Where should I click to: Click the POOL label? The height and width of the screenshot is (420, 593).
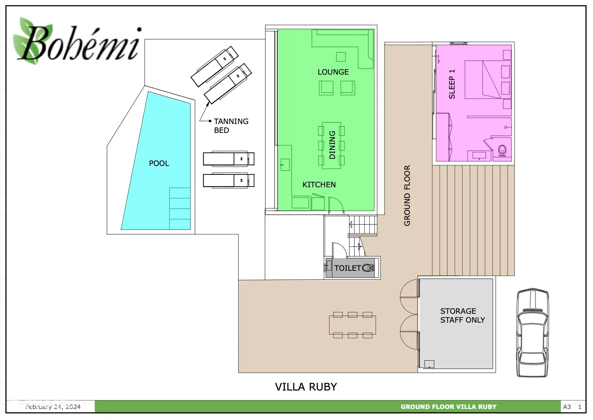[x=159, y=163]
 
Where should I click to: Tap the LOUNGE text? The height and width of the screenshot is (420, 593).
[x=333, y=72]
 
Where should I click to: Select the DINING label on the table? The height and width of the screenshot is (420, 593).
[x=332, y=145]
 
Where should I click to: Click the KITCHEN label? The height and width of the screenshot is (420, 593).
[x=319, y=185]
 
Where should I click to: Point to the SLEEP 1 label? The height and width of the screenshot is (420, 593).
[x=452, y=84]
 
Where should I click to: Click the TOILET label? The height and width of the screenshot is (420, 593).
[x=347, y=268]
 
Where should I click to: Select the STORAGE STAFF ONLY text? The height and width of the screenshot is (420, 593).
[x=462, y=316]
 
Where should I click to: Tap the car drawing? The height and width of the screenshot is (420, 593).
[x=532, y=332]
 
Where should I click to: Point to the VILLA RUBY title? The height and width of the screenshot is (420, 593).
[x=306, y=387]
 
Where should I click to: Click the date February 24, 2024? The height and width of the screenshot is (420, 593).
[x=53, y=407]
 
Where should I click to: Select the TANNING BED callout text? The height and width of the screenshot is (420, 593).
[x=231, y=126]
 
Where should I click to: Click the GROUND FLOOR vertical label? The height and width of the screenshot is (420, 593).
[x=407, y=195]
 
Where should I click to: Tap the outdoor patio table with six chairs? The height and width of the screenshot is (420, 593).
[x=352, y=325]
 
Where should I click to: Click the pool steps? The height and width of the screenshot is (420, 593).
[x=180, y=209]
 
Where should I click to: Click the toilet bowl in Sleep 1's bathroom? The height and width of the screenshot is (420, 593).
[x=502, y=151]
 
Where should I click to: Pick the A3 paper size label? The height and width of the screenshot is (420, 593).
[x=567, y=407]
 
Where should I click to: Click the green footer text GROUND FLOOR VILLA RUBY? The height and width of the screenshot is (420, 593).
[x=448, y=407]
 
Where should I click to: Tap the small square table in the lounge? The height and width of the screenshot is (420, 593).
[x=341, y=57]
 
